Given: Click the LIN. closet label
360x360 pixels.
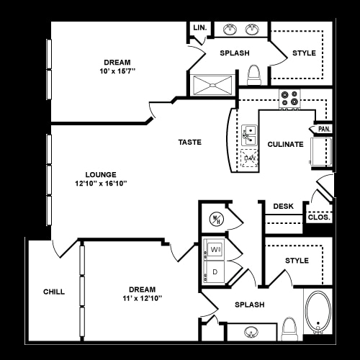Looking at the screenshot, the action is (200, 28).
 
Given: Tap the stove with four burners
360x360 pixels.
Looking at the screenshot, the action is (289, 99).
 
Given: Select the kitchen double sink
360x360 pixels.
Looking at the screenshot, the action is (250, 135).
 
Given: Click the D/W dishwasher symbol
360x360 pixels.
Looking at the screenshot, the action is (250, 158).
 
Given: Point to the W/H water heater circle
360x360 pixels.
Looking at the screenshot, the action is (217, 219).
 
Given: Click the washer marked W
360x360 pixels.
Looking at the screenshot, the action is (214, 249).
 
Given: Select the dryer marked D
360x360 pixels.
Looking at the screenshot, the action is (214, 271).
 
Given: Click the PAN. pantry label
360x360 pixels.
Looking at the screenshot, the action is (324, 129).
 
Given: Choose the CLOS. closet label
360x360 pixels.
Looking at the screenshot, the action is (319, 217).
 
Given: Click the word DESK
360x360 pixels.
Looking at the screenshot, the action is (284, 206).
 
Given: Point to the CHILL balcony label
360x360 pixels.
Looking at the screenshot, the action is (54, 292).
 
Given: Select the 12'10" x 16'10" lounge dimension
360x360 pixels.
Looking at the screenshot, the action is (101, 184).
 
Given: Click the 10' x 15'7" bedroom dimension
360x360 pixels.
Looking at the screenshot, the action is (117, 71).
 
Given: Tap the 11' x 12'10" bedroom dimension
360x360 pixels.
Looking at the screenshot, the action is (143, 298).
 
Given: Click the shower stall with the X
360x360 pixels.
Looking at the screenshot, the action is (212, 85).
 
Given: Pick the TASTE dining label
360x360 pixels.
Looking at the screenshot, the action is (190, 142).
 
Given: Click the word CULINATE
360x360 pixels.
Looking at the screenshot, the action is (286, 144).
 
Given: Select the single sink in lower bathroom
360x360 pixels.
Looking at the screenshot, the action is (251, 332).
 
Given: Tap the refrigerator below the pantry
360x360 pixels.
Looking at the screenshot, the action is (321, 152).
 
